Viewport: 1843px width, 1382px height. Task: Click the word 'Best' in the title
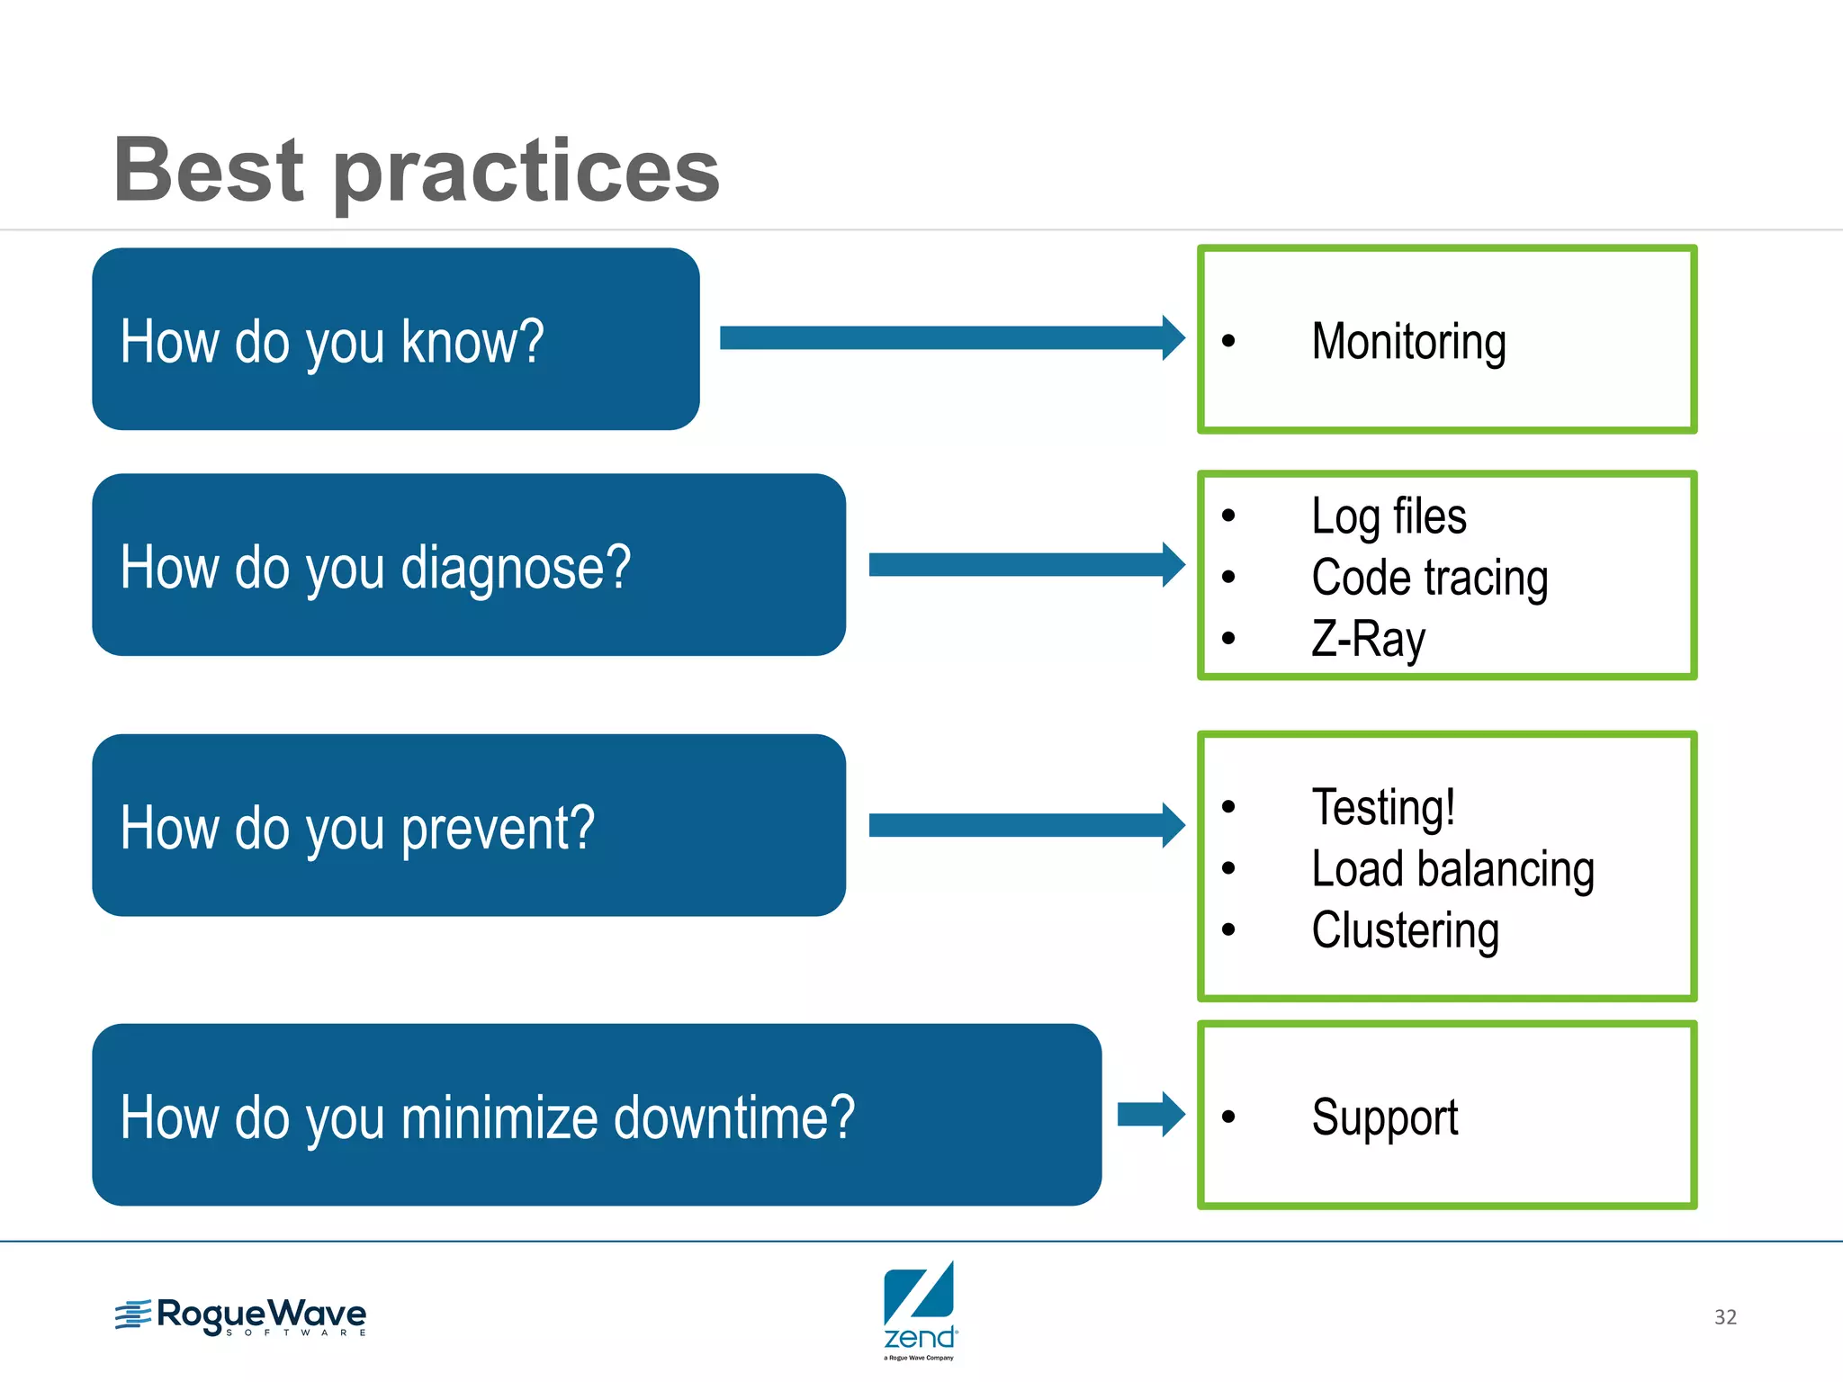209,171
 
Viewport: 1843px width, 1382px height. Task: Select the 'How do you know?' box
396,339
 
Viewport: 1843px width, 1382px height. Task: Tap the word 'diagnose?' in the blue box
516,569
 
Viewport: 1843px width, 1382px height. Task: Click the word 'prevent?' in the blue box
498,829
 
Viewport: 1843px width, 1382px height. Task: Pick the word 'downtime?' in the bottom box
733,1118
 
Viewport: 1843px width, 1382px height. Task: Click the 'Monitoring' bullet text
1408,342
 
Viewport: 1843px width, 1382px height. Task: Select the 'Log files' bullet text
1389,517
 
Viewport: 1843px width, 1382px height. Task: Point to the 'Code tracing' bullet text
1429,579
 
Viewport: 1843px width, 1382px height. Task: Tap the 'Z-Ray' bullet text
1368,640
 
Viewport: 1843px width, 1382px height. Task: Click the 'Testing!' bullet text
1383,807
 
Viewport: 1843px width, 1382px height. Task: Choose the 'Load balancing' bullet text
1452,869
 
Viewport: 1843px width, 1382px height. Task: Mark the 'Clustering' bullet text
1405,930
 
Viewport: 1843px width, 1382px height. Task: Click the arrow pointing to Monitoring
951,338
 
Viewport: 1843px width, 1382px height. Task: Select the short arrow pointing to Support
1151,1115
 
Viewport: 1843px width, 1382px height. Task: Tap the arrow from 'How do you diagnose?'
1026,565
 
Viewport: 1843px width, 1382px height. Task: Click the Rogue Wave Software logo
241,1316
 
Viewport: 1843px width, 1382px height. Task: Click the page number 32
1724,1317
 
